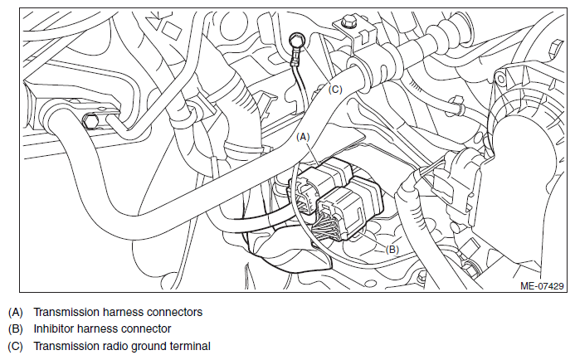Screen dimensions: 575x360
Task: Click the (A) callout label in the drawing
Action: point(303,137)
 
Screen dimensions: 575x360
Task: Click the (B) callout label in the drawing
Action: point(392,250)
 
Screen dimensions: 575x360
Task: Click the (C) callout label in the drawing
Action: point(335,90)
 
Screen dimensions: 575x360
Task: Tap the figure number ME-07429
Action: point(542,285)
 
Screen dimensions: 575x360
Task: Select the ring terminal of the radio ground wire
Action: point(296,40)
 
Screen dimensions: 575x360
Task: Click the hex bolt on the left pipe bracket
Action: point(90,120)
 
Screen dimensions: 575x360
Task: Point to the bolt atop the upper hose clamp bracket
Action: point(348,22)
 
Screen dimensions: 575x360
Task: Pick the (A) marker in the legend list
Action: point(16,313)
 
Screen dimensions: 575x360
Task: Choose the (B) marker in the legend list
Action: point(16,329)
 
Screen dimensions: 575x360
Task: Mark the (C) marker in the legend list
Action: point(16,347)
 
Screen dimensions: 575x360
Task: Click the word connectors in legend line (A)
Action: point(174,312)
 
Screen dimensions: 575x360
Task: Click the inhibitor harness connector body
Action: point(350,208)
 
